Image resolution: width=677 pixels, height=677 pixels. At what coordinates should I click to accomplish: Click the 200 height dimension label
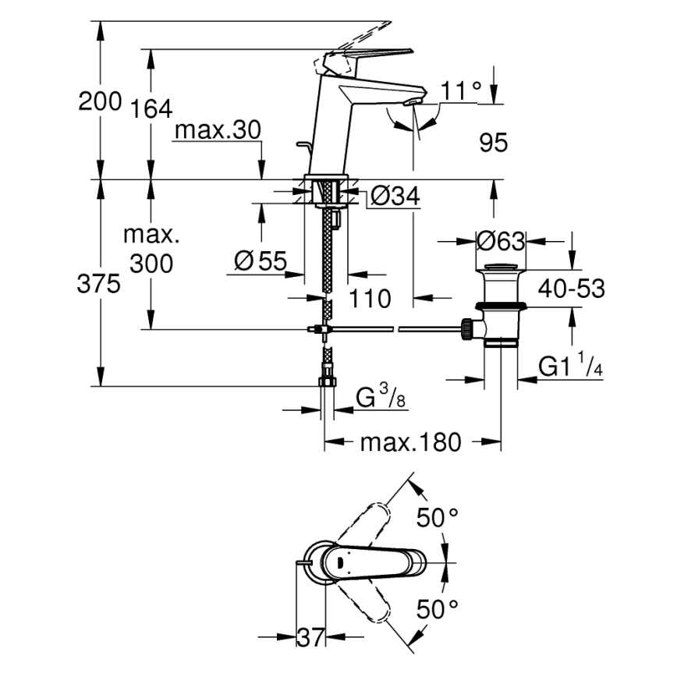point(100,101)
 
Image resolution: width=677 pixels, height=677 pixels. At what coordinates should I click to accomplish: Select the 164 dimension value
point(150,108)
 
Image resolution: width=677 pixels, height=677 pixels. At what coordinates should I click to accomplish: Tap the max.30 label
point(216,131)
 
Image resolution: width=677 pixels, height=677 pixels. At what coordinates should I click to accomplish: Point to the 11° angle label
point(461,91)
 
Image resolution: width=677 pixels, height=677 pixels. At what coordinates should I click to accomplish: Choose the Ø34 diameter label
point(395,197)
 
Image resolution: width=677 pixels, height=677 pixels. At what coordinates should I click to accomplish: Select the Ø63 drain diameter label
point(501,241)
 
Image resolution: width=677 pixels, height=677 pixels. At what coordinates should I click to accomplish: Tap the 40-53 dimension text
point(569,289)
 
